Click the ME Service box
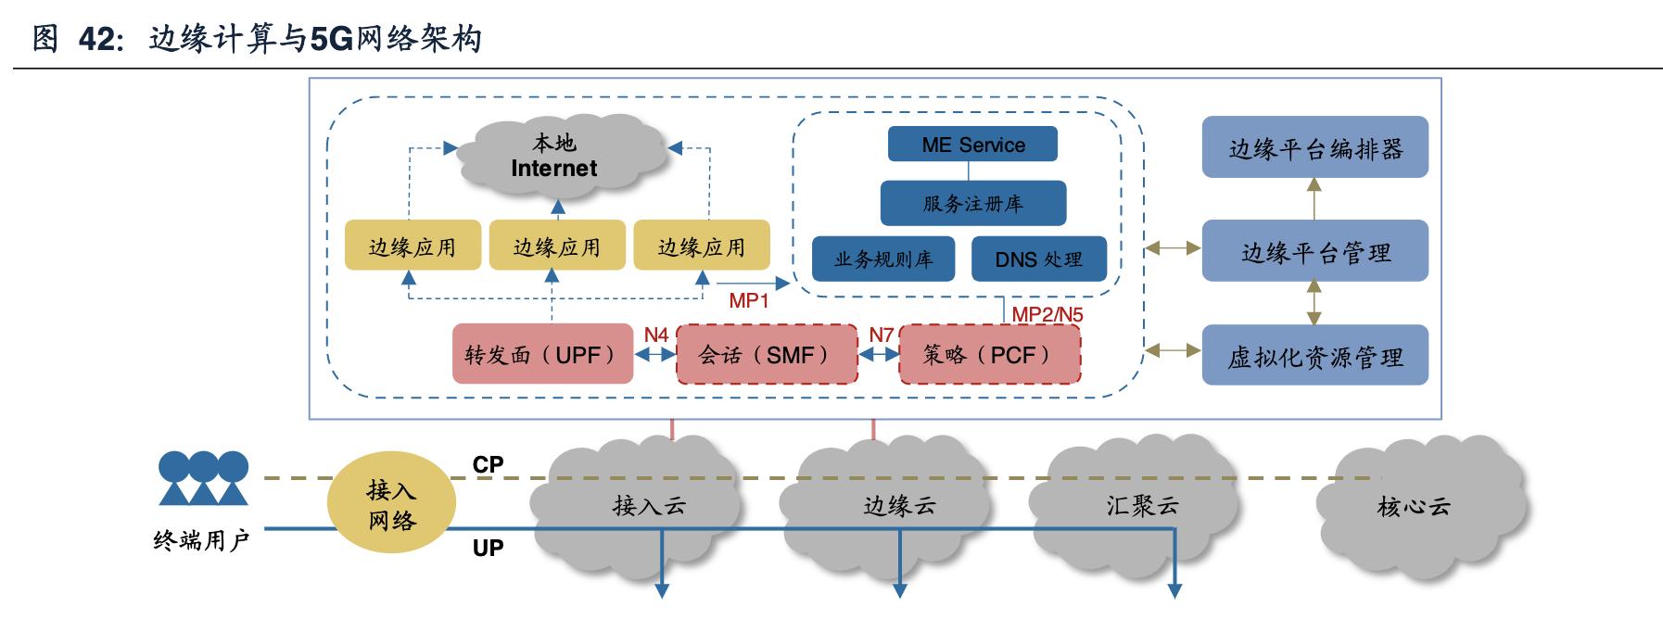[x=972, y=145]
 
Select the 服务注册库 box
[x=972, y=203]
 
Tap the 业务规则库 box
[x=883, y=259]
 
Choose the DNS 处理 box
[x=1038, y=259]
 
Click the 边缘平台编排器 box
[x=1314, y=147]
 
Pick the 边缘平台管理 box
[x=1314, y=251]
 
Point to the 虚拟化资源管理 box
[x=1314, y=355]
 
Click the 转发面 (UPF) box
[x=542, y=354]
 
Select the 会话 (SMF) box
[x=767, y=354]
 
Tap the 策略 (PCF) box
[x=990, y=354]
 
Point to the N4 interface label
[x=656, y=335]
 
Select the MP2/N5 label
[x=1047, y=314]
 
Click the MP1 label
[x=749, y=300]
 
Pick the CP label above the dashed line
[x=488, y=464]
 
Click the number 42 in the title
[x=95, y=39]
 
